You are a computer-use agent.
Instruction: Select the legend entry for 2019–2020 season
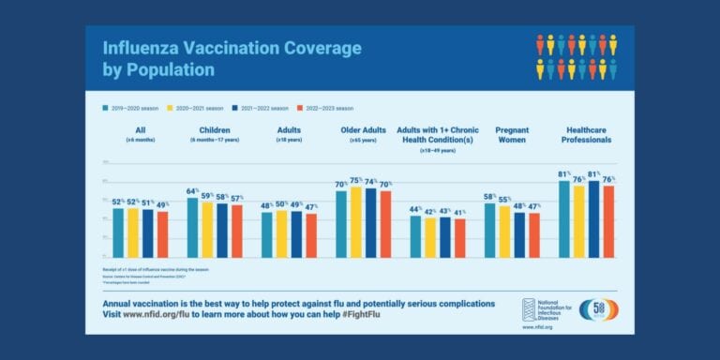131,108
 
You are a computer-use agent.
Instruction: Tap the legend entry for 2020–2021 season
196,108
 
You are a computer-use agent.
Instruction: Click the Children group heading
215,129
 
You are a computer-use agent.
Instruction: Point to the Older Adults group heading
363,129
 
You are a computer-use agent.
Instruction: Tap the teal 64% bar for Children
192,227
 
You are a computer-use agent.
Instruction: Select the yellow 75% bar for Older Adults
355,221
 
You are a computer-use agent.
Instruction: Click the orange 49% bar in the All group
162,234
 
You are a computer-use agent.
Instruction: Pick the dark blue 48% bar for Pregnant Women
519,234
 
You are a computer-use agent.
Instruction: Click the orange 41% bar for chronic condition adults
459,238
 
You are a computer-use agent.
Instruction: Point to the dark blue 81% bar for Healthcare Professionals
593,218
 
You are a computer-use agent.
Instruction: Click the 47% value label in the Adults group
311,205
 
